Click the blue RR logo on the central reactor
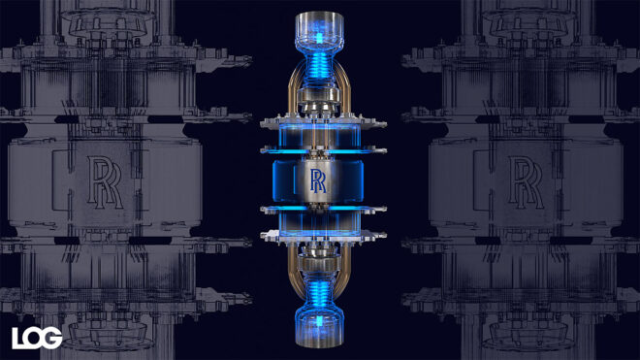point(318,180)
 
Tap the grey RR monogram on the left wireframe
point(111,180)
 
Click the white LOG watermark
point(37,337)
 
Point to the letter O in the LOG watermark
point(36,337)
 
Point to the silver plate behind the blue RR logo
point(318,194)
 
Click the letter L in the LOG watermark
point(19,337)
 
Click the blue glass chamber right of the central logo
point(351,180)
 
